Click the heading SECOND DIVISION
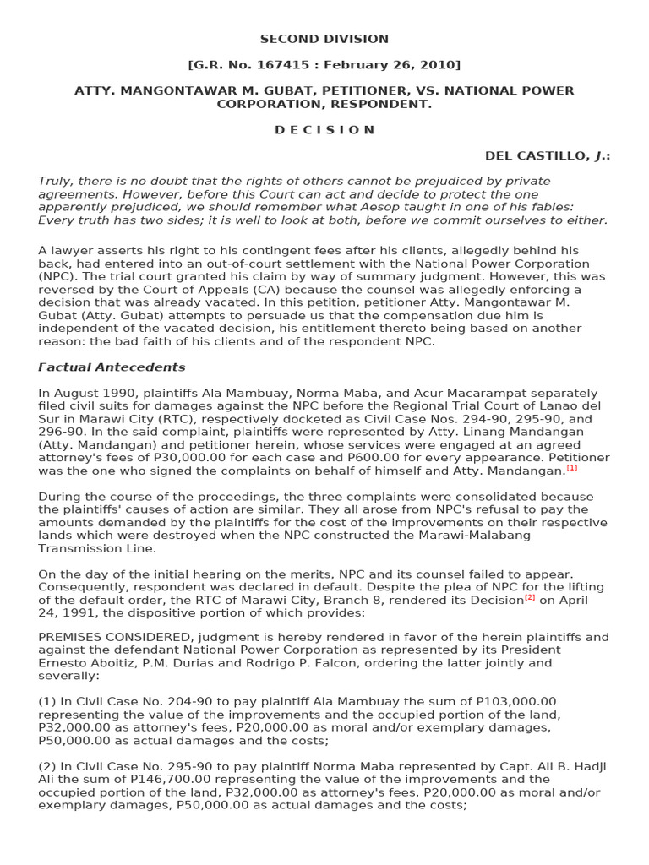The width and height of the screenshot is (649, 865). pyautogui.click(x=324, y=39)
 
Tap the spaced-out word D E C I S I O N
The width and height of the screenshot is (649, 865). pyautogui.click(x=324, y=130)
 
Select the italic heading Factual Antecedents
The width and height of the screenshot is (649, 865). pyautogui.click(x=112, y=367)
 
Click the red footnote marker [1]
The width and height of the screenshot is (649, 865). pyautogui.click(x=572, y=468)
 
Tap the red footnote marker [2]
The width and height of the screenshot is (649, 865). pyautogui.click(x=530, y=598)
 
